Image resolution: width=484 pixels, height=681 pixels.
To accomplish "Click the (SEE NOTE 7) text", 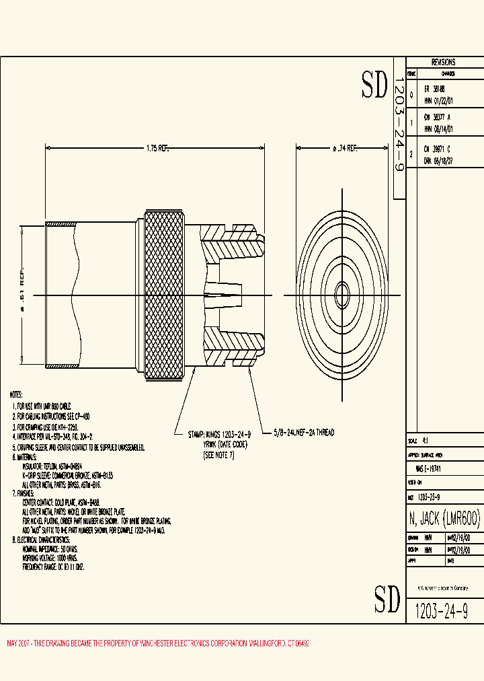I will tap(219, 456).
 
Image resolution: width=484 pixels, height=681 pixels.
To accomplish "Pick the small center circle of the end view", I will tap(342, 295).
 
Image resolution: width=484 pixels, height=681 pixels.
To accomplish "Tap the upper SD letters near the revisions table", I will tap(375, 85).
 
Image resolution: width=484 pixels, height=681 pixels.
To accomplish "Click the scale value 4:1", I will tap(425, 441).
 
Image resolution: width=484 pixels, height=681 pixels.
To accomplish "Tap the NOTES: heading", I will tap(16, 394).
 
